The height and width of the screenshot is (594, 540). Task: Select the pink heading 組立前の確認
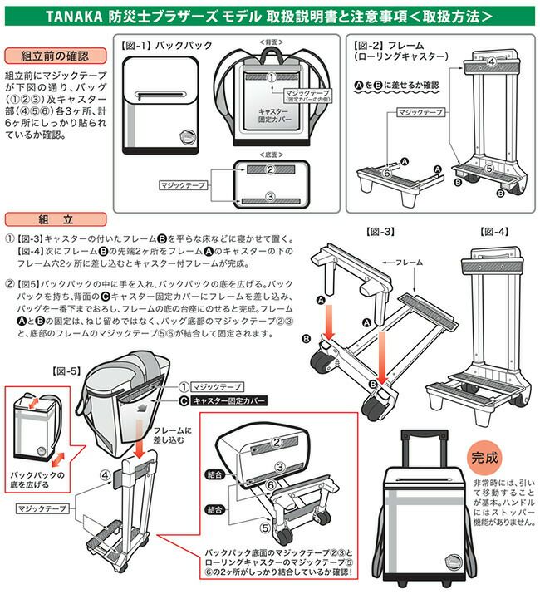53,56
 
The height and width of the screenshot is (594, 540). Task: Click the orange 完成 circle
485,458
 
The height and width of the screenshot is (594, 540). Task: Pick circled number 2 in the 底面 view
269,169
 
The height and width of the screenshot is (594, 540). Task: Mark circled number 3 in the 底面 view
269,196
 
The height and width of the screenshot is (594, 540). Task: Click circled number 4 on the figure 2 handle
490,62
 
